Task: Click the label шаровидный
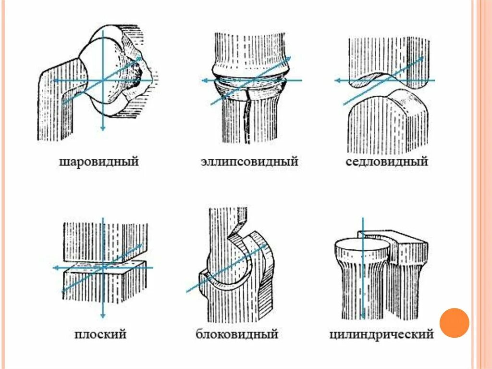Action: (x=99, y=162)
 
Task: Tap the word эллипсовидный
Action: (x=249, y=162)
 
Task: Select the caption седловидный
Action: (x=386, y=162)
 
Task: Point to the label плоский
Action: (x=100, y=333)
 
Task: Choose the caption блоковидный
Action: (x=237, y=333)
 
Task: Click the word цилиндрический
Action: (x=381, y=333)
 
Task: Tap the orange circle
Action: (x=454, y=322)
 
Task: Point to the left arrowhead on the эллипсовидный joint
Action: (x=204, y=80)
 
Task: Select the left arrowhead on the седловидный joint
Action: (x=338, y=80)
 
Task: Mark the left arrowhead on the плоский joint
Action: (x=56, y=267)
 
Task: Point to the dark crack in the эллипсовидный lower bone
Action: (x=247, y=115)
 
